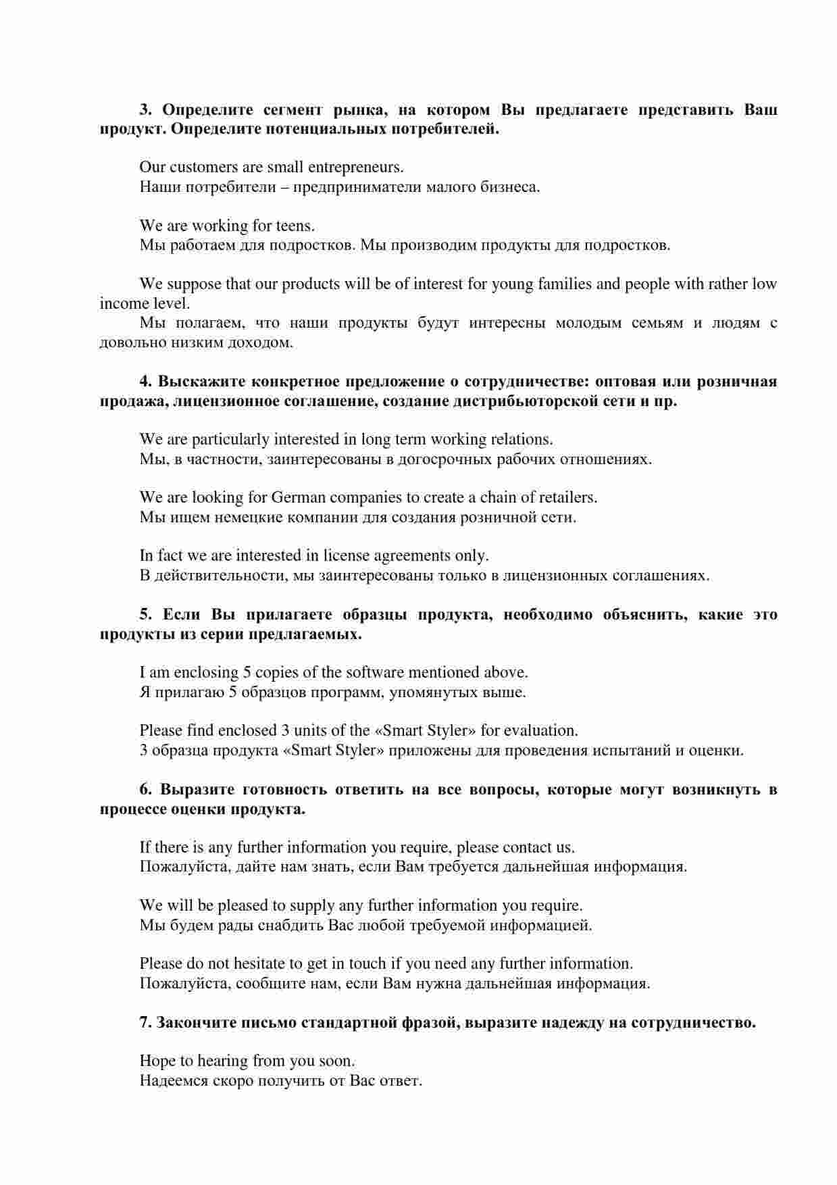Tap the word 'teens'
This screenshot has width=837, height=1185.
[x=295, y=226]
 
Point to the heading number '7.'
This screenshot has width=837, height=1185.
[x=146, y=1023]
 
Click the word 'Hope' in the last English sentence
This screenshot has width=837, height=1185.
[x=157, y=1061]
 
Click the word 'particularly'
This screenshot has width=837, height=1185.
[x=230, y=440]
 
